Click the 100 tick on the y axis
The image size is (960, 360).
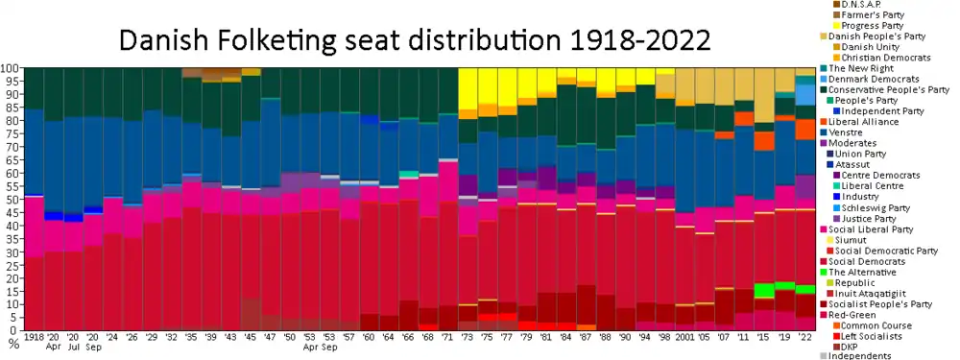10,69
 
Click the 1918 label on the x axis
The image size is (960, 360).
35,338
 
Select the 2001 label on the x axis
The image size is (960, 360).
684,338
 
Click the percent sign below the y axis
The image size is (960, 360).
13,343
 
